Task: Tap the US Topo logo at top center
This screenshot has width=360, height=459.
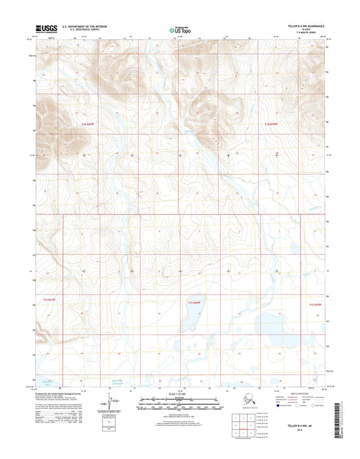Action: coord(179,29)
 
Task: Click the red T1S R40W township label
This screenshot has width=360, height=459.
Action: coord(195,305)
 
